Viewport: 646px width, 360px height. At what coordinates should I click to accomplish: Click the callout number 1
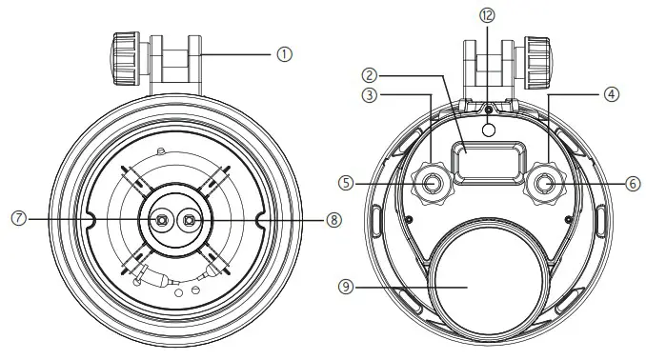[283, 54]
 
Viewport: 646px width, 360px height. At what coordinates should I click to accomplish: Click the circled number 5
[349, 181]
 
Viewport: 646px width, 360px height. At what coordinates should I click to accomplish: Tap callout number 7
[17, 218]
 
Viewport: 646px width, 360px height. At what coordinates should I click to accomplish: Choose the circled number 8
[333, 218]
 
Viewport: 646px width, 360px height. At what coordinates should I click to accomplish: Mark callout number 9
[349, 283]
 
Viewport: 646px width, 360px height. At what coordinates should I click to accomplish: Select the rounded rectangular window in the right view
[488, 160]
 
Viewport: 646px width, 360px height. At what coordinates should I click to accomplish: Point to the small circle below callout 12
[488, 130]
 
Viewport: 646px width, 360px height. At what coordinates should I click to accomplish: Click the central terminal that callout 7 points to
[161, 220]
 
